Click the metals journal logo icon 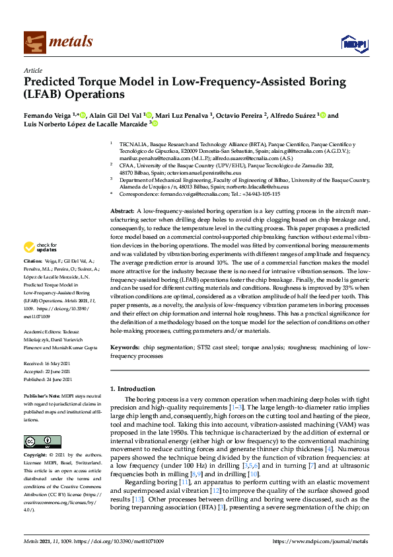click(34, 42)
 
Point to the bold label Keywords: click(125, 347)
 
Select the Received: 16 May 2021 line click(46, 363)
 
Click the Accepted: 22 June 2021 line click(47, 372)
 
